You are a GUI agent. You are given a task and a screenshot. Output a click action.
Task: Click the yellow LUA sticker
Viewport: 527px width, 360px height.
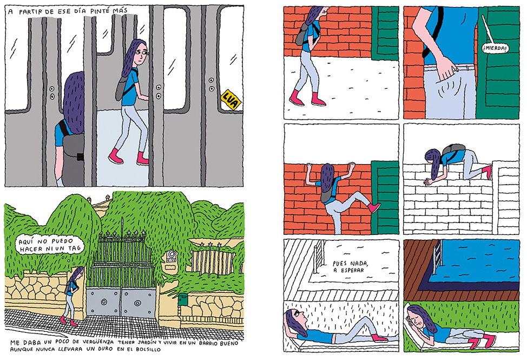click(x=231, y=100)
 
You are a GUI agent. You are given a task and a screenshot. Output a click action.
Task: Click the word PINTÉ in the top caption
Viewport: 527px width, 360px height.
click(x=100, y=11)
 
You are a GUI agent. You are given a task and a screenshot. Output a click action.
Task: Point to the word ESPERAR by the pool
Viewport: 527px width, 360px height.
click(x=349, y=270)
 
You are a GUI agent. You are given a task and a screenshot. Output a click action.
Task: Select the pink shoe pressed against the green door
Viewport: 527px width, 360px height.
click(x=374, y=207)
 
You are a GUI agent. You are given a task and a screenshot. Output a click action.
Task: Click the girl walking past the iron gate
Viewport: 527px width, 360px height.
click(x=72, y=296)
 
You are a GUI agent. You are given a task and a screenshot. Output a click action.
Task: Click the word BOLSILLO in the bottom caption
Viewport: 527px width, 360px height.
click(x=148, y=349)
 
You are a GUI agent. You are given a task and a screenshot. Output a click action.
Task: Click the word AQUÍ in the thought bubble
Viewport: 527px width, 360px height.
click(x=26, y=241)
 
